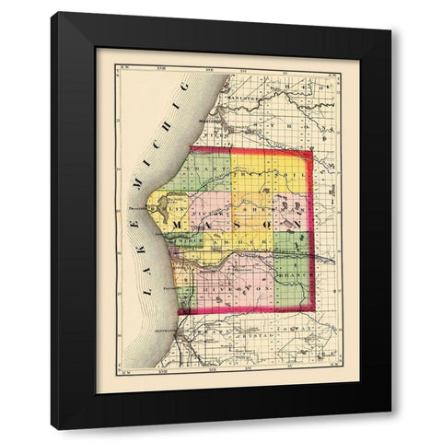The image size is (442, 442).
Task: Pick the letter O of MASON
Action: coord(270,225)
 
